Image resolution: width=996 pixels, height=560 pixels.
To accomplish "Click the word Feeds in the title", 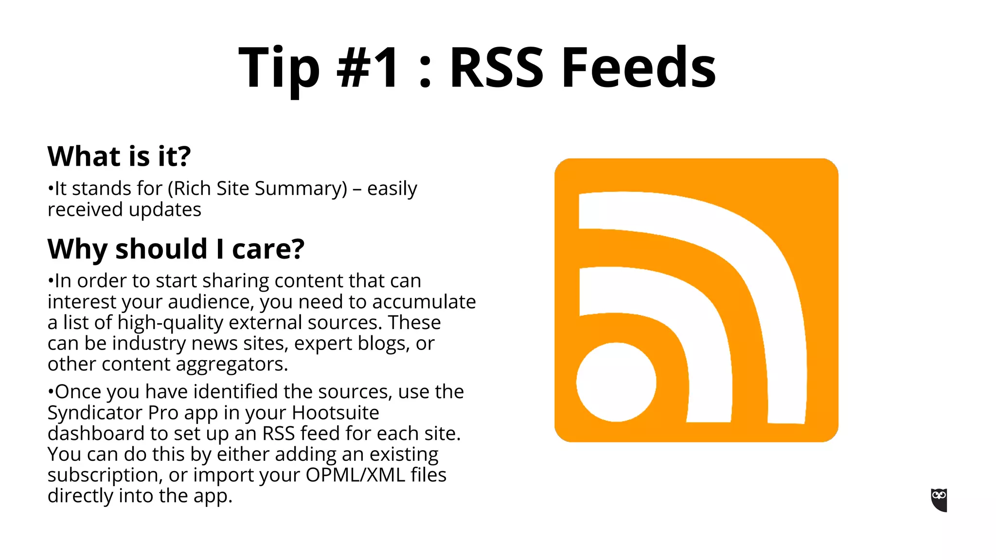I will [x=639, y=68].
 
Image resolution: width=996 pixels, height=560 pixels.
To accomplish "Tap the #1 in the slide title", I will [x=368, y=68].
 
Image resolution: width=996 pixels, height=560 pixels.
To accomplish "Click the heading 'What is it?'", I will [x=119, y=157].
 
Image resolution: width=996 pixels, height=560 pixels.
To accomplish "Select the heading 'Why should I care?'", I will [x=176, y=249].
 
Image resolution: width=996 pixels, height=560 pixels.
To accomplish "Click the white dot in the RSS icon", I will [x=616, y=382].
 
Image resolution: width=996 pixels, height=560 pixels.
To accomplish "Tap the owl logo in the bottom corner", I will [x=939, y=500].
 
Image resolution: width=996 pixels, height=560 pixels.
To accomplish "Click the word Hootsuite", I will [x=335, y=413].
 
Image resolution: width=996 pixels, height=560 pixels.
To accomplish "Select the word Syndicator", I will [x=95, y=413].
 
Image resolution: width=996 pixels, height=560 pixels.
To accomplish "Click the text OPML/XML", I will [x=355, y=475].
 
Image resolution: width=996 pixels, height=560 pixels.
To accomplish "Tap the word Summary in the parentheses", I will [x=301, y=189].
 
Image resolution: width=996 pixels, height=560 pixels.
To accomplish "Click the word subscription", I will [x=104, y=475].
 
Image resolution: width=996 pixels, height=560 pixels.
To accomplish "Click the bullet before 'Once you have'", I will [x=50, y=392].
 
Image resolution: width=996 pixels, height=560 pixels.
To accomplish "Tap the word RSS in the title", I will [x=496, y=68].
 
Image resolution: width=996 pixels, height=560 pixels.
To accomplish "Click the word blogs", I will [x=383, y=344].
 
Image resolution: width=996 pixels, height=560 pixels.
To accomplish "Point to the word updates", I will [x=165, y=210].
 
